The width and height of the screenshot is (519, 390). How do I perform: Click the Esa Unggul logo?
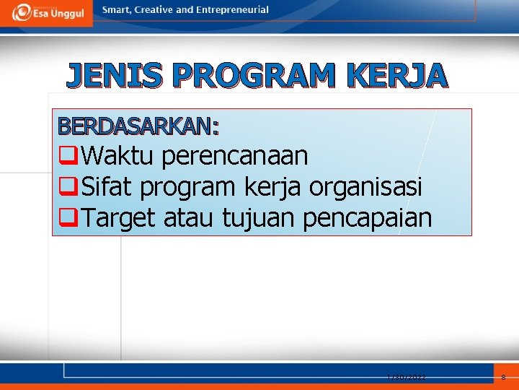46,12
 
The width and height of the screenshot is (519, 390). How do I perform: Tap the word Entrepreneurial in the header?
232,10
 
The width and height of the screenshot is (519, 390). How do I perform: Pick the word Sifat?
108,186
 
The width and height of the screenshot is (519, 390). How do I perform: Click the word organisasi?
365,186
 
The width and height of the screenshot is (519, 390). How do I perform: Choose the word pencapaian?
367,217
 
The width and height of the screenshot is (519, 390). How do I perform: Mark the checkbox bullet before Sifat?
69,186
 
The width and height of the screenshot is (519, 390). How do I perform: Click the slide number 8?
503,378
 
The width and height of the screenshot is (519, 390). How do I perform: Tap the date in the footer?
406,378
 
